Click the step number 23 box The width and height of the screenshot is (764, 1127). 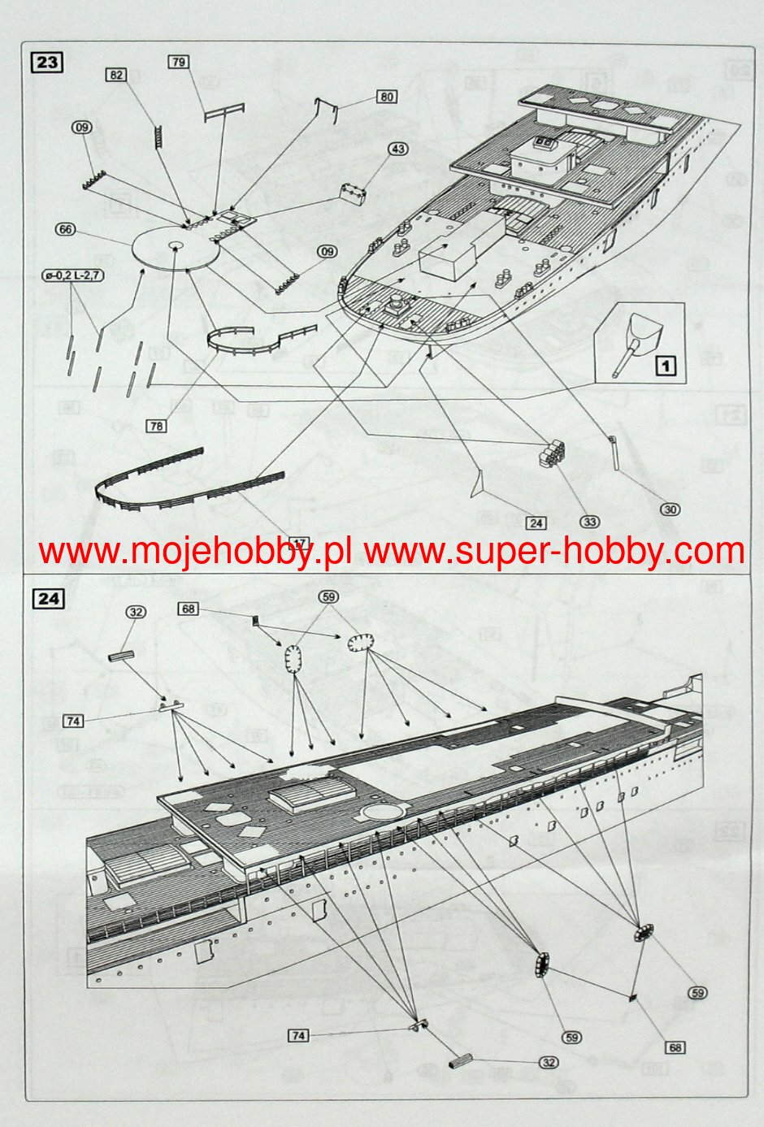[x=46, y=63]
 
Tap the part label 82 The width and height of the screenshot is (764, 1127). [x=116, y=75]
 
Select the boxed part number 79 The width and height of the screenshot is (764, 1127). [x=179, y=62]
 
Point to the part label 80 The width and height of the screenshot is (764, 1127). [x=387, y=97]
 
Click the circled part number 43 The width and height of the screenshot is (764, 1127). [x=397, y=150]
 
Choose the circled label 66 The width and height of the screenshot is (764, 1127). [x=66, y=230]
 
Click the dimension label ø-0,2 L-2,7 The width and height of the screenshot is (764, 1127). [x=73, y=276]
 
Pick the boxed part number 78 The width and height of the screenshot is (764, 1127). [x=157, y=425]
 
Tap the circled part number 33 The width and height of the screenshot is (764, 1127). [x=589, y=521]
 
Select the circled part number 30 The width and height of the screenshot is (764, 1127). [x=669, y=509]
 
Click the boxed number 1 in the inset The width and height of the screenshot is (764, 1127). [x=666, y=366]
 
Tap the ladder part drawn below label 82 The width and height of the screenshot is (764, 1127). [x=154, y=133]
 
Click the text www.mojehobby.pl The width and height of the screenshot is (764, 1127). [x=194, y=552]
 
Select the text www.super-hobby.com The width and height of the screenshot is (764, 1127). [x=554, y=552]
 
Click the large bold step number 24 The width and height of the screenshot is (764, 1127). [x=48, y=599]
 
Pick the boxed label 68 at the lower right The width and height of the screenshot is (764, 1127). [x=675, y=1047]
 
